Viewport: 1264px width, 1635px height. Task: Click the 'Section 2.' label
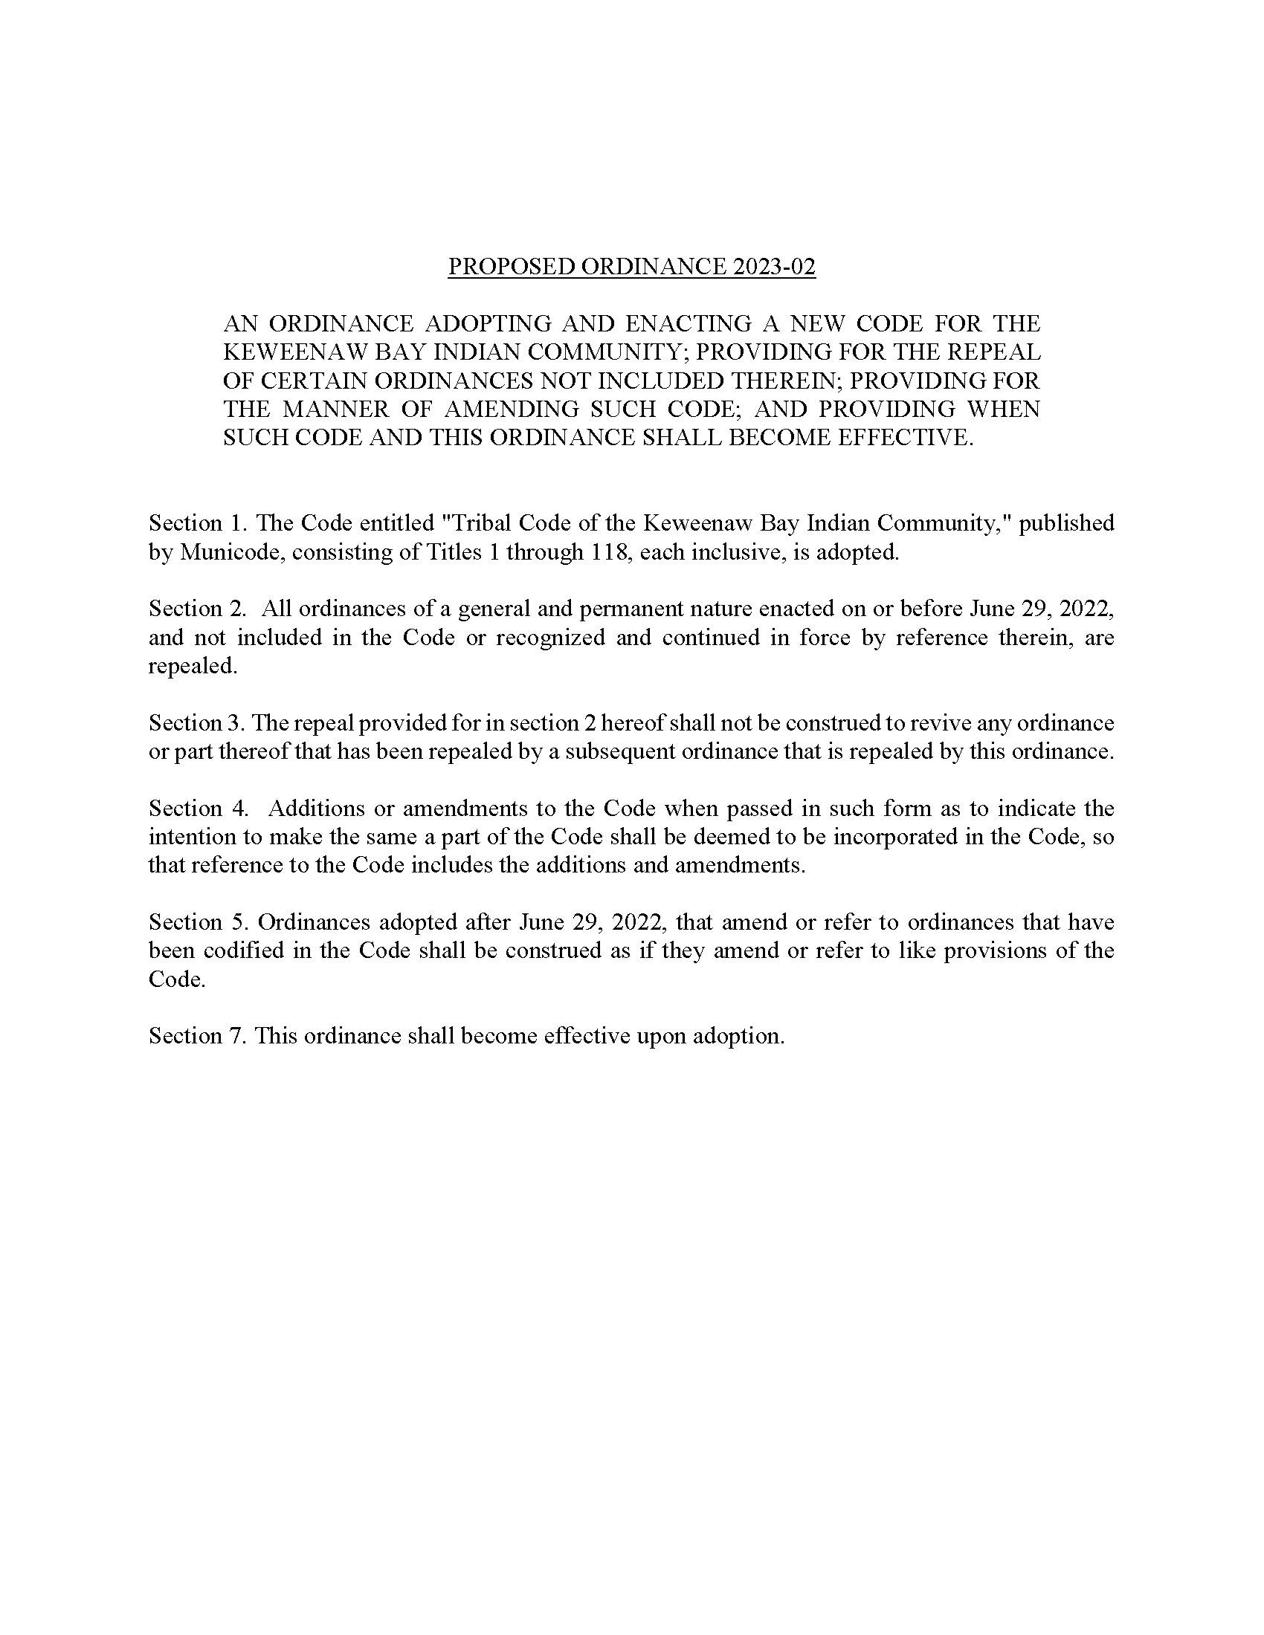197,609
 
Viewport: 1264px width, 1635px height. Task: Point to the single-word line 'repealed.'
193,666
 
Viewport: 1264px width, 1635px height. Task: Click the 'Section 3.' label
197,722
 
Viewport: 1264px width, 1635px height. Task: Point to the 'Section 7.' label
197,1036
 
